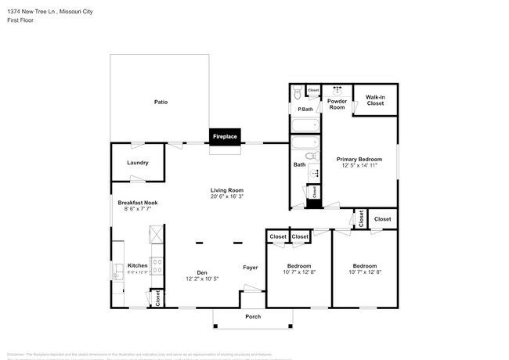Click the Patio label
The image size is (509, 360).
[x=160, y=102]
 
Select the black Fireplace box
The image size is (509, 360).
[x=225, y=137]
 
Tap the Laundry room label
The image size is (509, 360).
[x=138, y=163]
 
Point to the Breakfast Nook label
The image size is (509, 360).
[x=138, y=203]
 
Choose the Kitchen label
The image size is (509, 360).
[x=138, y=265]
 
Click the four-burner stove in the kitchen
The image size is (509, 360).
[x=156, y=266]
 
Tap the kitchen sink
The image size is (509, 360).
[x=117, y=271]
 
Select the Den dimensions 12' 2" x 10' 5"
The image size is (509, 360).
[x=201, y=279]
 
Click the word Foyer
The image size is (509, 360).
[x=250, y=267]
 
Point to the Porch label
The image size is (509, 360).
[x=253, y=316]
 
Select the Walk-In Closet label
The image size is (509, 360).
[x=374, y=100]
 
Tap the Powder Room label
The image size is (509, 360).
[x=337, y=104]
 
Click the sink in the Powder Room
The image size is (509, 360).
[x=338, y=89]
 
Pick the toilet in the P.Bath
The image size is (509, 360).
[x=297, y=94]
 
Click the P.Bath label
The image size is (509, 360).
[x=305, y=109]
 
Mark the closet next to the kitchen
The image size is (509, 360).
[x=157, y=297]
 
